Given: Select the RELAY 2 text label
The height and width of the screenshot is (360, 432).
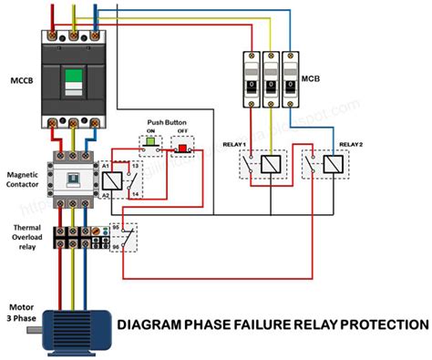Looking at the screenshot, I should [351, 144].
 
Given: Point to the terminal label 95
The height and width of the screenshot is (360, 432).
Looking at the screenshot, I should [116, 228].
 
